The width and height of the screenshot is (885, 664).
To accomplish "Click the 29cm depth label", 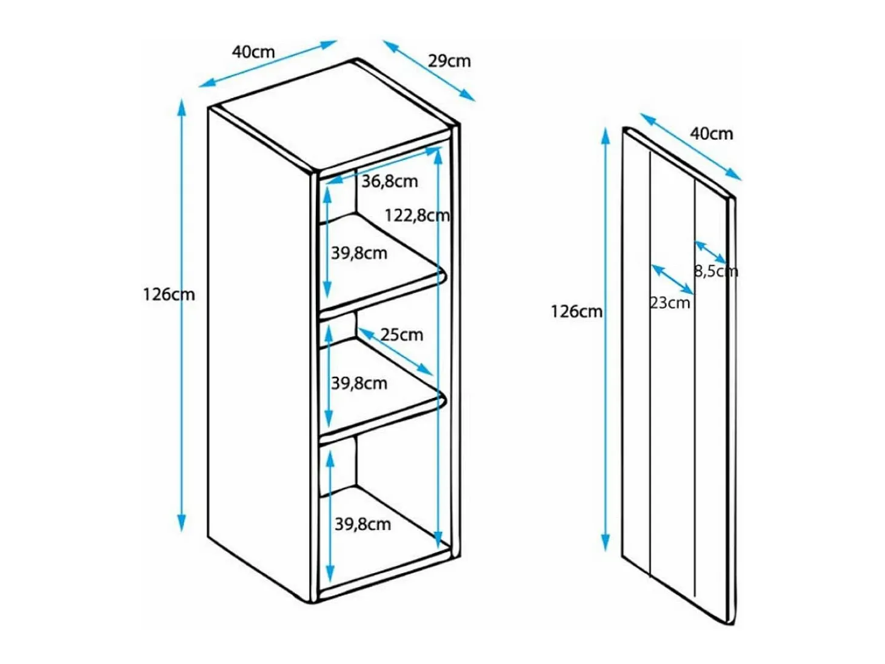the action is tap(449, 61).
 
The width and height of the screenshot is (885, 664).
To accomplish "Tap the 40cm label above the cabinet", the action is tap(253, 52).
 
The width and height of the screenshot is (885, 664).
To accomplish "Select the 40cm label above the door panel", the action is tap(711, 134).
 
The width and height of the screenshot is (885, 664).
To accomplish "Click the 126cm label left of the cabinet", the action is tap(169, 295).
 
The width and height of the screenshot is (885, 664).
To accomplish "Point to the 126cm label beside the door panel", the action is tap(576, 312).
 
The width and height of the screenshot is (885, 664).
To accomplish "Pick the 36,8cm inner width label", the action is tap(390, 182).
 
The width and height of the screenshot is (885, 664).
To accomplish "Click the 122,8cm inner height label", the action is tap(417, 216).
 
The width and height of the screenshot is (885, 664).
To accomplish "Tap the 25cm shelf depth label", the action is tap(401, 335).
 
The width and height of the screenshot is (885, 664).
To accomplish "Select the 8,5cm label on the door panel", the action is tap(716, 271).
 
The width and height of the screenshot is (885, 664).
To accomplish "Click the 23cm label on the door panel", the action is tap(670, 302).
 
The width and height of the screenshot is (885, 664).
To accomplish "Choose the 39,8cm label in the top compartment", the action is tap(359, 253).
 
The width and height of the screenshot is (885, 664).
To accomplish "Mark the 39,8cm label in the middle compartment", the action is tap(359, 383).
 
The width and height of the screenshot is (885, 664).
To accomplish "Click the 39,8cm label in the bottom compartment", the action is tap(363, 525).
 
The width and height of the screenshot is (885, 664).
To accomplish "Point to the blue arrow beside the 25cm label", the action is tap(396, 352).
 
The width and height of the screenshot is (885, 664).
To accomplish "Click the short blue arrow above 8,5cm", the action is tap(711, 253).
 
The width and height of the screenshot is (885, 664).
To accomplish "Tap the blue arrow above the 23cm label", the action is tap(672, 279).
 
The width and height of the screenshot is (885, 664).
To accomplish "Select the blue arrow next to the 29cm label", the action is tap(429, 70).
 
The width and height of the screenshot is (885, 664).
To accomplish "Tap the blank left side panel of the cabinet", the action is tap(260, 354).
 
